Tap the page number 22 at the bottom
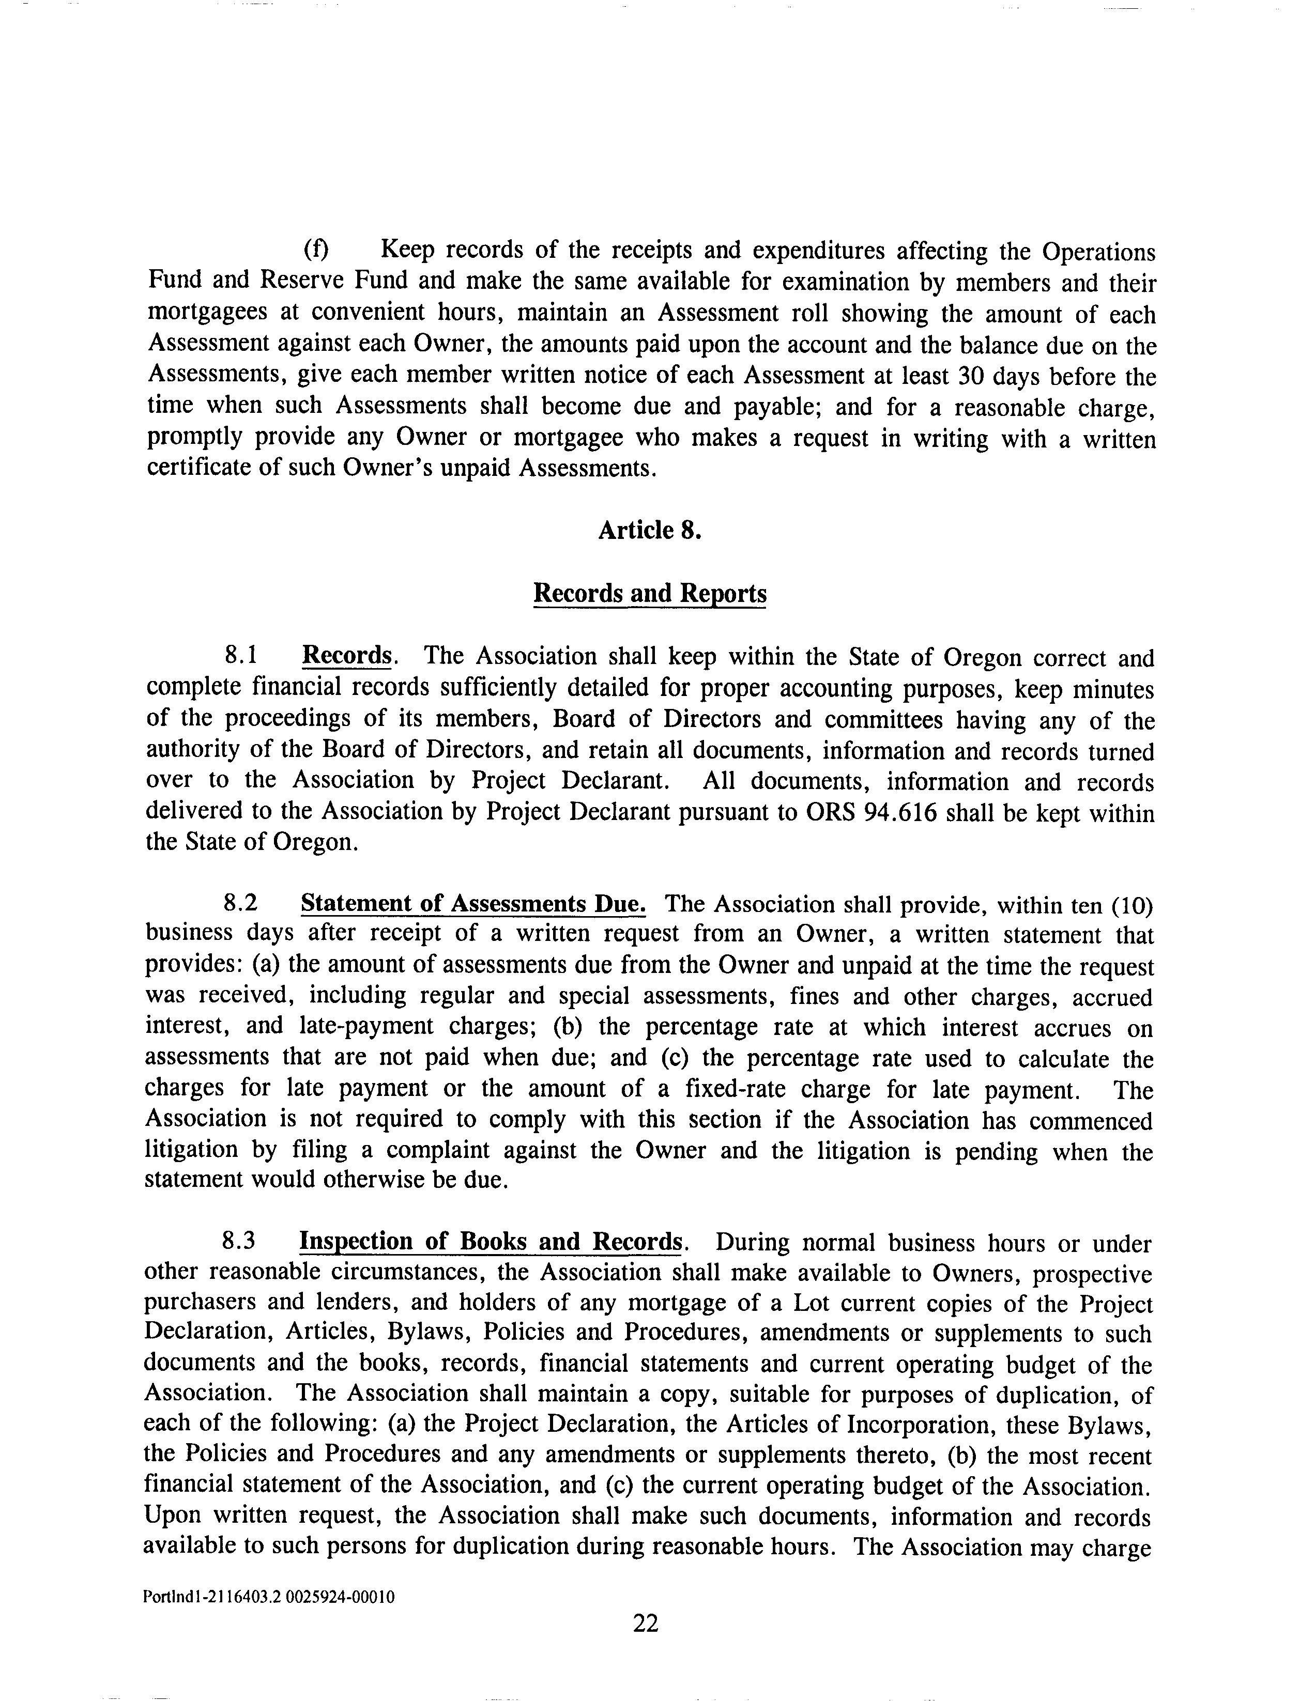coord(646,1623)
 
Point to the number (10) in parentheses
coord(1131,905)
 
